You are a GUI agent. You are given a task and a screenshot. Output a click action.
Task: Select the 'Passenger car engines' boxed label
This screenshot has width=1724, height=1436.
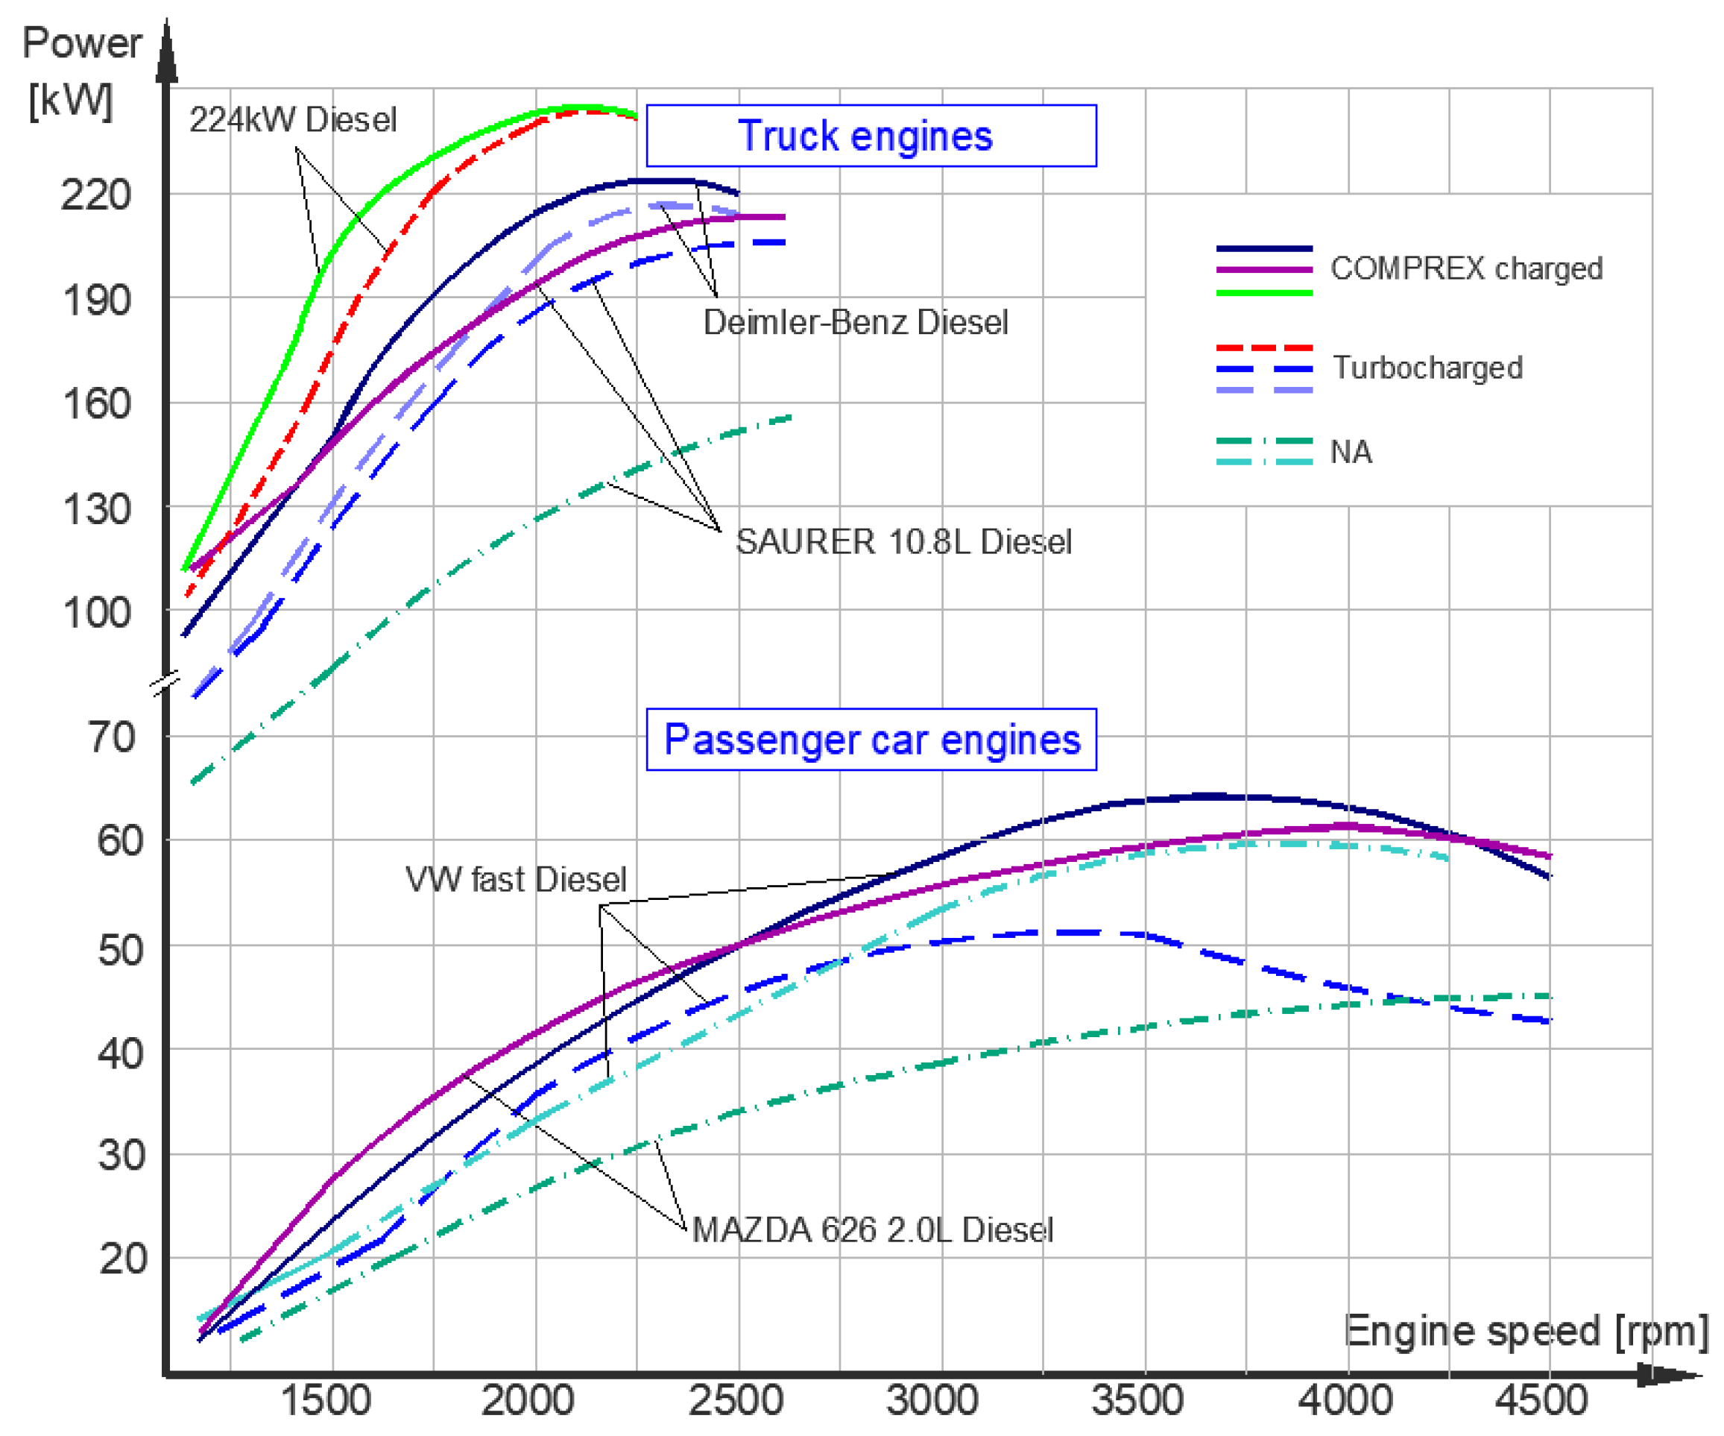click(871, 739)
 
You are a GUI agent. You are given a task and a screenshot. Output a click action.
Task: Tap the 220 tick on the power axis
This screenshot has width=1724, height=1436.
click(95, 195)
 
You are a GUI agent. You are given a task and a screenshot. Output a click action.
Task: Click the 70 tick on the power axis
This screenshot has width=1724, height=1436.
click(111, 737)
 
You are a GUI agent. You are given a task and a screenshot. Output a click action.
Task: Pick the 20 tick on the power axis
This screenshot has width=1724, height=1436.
click(122, 1258)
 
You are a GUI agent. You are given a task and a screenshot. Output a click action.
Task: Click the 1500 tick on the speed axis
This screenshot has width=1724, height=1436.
click(326, 1400)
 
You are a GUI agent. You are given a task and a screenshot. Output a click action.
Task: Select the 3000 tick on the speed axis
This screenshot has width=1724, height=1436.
click(932, 1400)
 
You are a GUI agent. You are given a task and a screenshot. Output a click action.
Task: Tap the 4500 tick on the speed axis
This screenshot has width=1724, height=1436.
click(1541, 1400)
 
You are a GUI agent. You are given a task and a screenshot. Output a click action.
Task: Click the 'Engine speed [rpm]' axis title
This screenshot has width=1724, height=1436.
click(1525, 1331)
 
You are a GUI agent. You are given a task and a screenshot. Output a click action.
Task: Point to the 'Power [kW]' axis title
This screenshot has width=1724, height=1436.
click(80, 72)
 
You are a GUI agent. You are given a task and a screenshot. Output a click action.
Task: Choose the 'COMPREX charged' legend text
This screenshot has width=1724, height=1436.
click(1466, 268)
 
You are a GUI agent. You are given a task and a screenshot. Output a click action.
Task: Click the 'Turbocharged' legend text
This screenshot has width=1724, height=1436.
click(1427, 367)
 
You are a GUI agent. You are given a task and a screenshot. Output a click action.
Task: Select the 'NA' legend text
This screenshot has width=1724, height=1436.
click(1351, 452)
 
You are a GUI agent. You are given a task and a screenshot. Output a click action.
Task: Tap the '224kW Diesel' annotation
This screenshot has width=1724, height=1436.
click(292, 120)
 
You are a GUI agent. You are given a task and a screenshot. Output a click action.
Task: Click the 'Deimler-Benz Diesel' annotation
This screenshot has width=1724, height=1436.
click(856, 322)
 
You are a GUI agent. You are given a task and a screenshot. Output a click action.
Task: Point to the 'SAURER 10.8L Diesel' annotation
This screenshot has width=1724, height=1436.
click(903, 542)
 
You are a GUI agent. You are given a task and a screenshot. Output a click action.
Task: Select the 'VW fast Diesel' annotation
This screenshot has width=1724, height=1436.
click(516, 879)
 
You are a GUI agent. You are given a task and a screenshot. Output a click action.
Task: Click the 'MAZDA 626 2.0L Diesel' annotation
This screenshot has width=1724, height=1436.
click(872, 1230)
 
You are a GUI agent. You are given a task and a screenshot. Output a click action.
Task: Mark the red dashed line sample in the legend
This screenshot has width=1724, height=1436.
click(1264, 347)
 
